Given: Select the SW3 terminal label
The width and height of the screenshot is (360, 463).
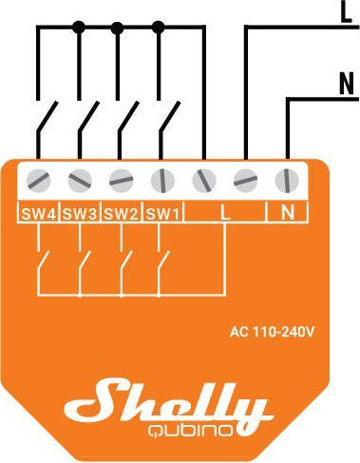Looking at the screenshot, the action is pyautogui.click(x=81, y=213).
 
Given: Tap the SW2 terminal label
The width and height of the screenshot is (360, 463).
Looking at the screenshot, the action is pyautogui.click(x=122, y=213).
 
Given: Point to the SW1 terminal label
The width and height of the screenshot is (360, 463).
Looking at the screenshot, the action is pyautogui.click(x=162, y=213).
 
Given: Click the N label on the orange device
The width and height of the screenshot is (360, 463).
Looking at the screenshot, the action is pyautogui.click(x=287, y=212).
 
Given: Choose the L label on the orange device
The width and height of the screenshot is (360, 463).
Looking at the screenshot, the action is pyautogui.click(x=224, y=212).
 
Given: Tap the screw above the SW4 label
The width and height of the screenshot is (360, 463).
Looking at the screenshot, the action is pyautogui.click(x=39, y=178).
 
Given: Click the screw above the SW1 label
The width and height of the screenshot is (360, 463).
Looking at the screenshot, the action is pyautogui.click(x=162, y=178).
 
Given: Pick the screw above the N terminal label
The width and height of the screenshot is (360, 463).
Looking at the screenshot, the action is pyautogui.click(x=286, y=178).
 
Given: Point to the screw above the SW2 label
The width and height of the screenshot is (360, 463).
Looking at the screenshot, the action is pyautogui.click(x=122, y=178).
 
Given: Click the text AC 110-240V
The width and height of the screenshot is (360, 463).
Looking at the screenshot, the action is pyautogui.click(x=273, y=332).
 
